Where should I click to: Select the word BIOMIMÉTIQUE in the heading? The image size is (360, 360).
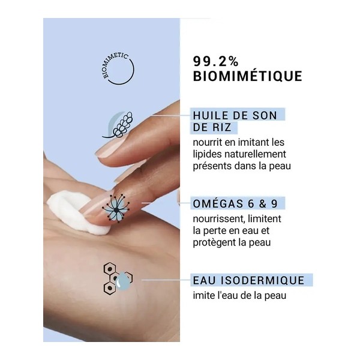247,77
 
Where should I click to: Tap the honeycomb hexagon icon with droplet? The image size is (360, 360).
117,277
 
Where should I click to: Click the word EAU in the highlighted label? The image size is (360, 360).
203,280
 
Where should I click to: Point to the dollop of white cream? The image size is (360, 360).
72,209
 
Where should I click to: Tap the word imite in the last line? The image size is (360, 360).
205,295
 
